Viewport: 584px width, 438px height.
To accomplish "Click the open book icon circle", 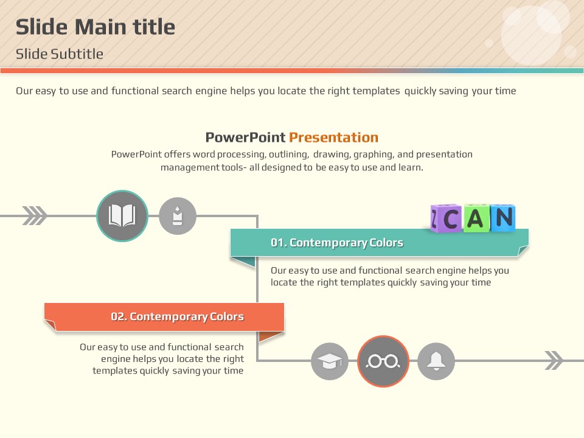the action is (122, 215).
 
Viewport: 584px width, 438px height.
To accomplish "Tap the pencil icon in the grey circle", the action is (178, 215).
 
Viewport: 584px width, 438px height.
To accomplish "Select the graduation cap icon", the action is (330, 361).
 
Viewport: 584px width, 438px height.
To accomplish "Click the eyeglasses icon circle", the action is (383, 361).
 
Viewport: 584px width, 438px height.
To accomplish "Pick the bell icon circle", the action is (436, 361).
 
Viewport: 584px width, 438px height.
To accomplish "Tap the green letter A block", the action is (476, 218).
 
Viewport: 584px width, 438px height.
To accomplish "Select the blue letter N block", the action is (503, 218).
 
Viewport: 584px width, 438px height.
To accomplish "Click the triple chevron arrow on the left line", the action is (35, 215).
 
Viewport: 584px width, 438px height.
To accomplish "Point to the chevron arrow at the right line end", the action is (554, 360).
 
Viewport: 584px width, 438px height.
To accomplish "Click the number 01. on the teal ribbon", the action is (279, 243).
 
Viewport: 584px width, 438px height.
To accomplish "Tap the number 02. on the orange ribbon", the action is (119, 316).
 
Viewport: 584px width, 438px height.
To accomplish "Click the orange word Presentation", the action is (334, 137).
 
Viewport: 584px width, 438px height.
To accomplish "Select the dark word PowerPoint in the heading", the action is (245, 137).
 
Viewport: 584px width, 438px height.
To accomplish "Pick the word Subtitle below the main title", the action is (77, 54).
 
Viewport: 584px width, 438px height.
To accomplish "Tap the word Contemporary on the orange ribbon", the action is (169, 317).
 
